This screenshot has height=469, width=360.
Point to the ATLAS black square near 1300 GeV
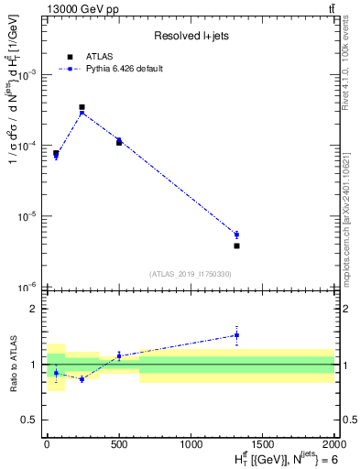click(236, 245)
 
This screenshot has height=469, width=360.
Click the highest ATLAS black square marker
click(82, 107)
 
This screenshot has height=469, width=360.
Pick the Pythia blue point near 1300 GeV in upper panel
click(236, 234)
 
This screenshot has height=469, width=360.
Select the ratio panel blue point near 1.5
click(236, 334)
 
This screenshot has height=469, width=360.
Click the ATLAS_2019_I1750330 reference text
click(191, 274)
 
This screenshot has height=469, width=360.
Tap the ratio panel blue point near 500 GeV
click(119, 355)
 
